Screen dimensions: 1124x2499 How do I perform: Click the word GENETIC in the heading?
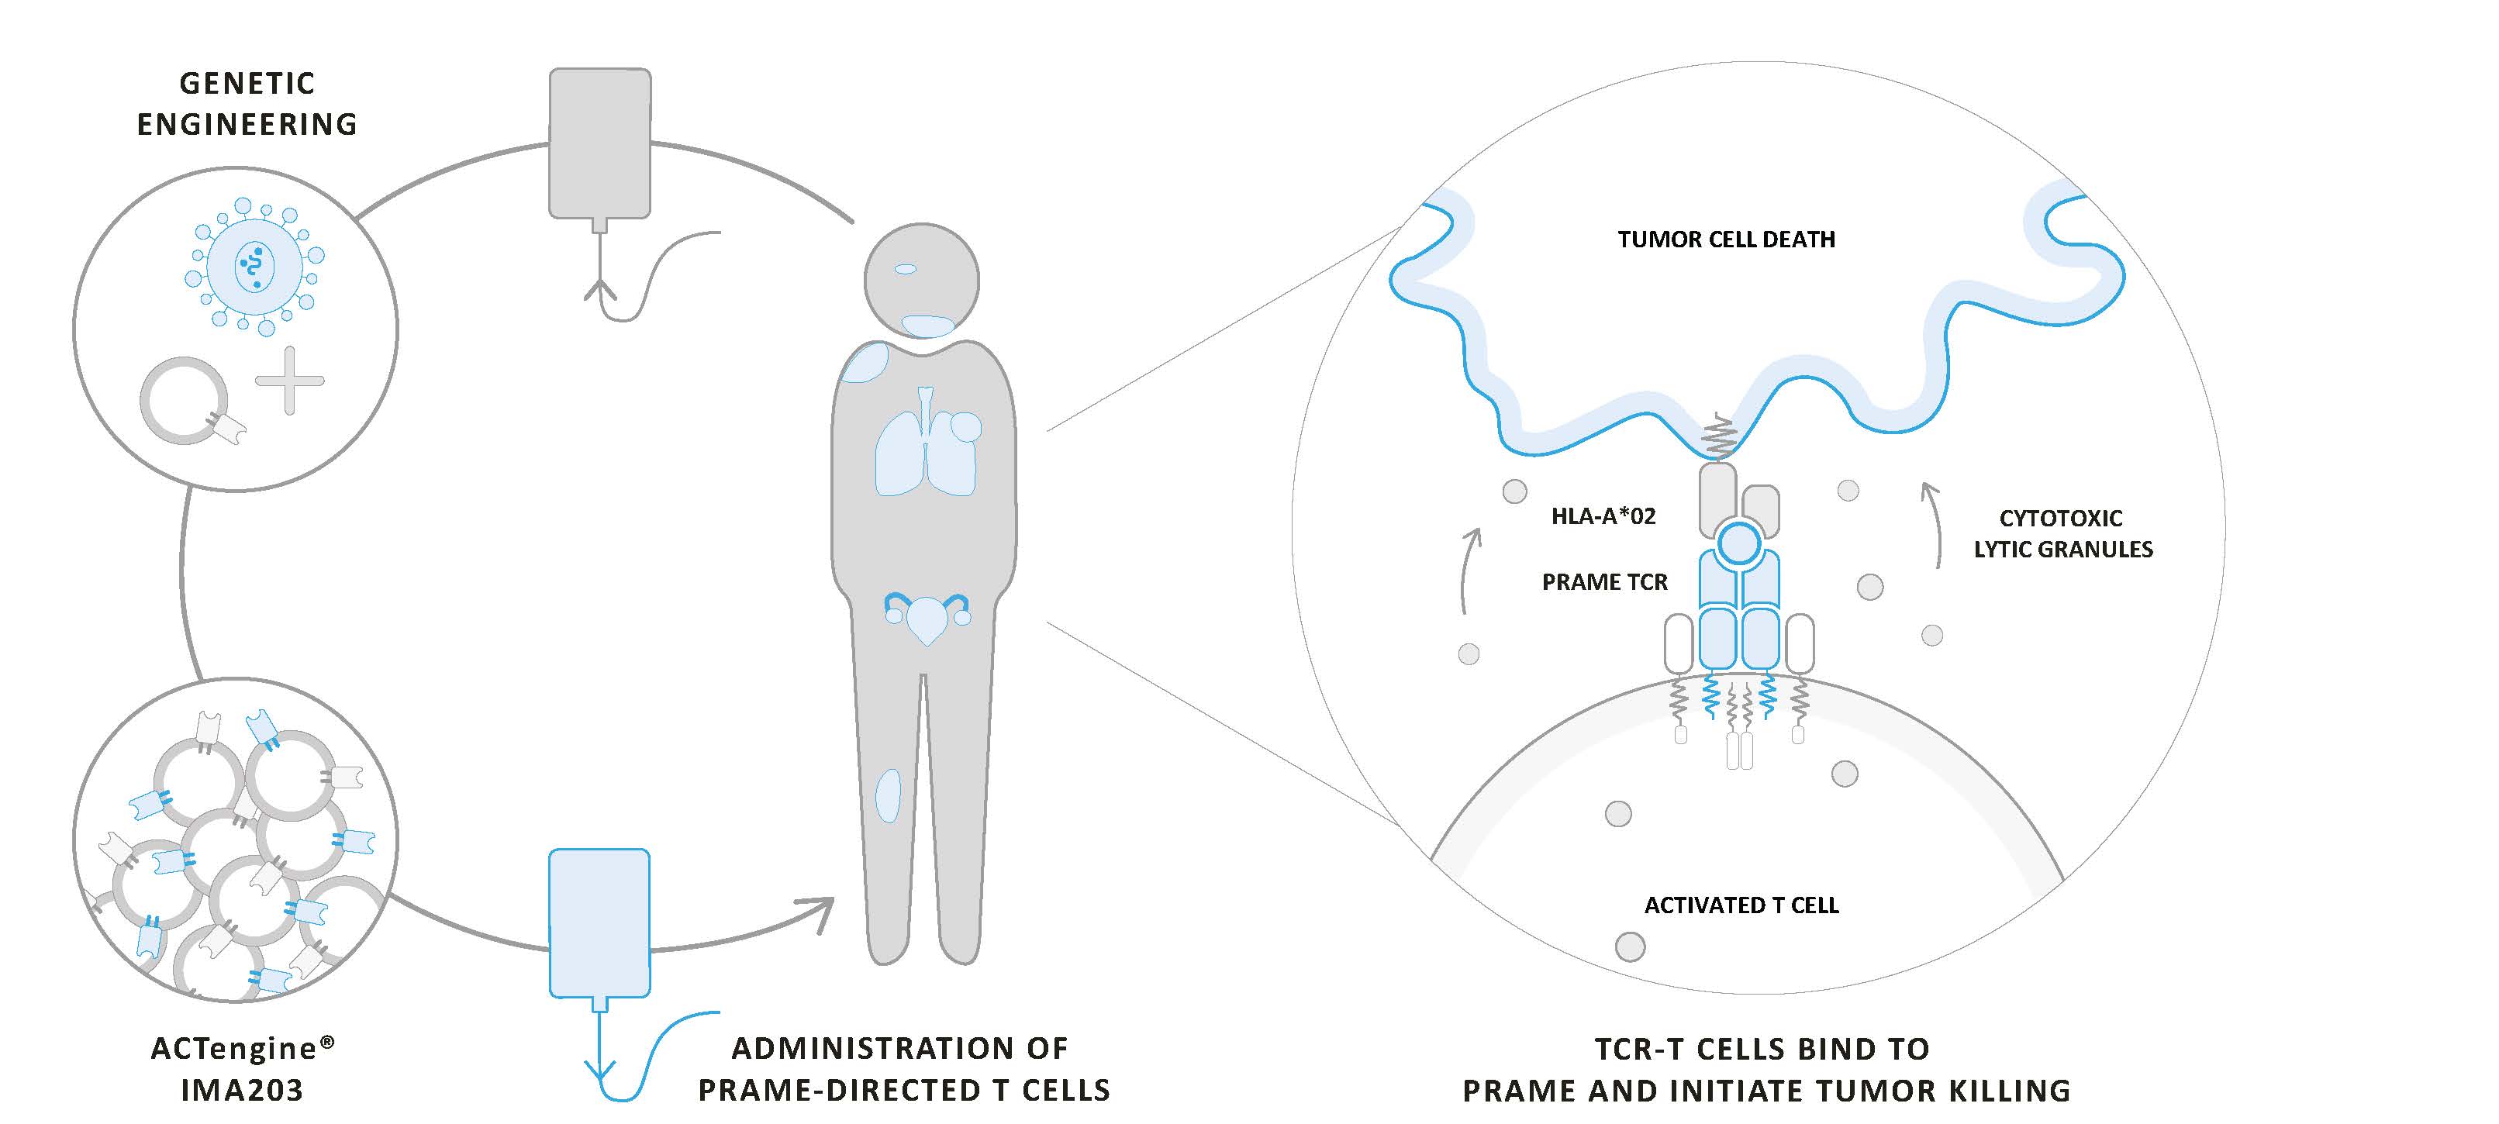click(247, 84)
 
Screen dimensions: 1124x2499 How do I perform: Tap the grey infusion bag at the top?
click(599, 143)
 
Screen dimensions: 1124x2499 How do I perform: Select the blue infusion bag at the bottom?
click(599, 922)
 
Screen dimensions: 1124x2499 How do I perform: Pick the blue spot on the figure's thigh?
click(888, 795)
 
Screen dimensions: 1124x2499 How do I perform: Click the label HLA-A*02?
click(1603, 516)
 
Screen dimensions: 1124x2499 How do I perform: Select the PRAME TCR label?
click(1604, 582)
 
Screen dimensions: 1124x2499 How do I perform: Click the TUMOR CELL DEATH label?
click(1726, 240)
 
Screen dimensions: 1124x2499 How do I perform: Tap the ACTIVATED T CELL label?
click(1741, 905)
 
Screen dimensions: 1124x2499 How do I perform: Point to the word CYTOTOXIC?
click(2060, 518)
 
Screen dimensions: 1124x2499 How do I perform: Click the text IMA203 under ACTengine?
click(243, 1090)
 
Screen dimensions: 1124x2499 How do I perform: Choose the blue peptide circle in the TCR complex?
click(1738, 543)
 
